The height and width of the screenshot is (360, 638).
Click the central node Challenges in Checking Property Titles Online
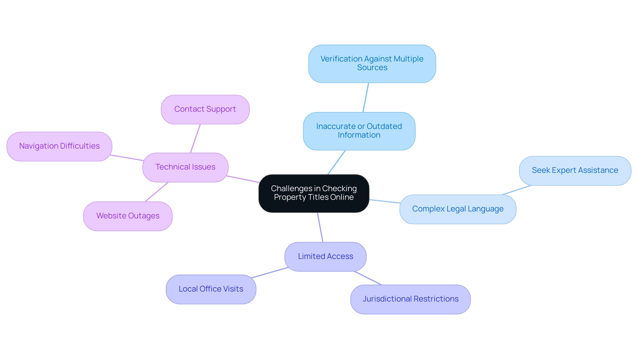tap(314, 193)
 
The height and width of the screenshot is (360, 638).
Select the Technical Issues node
tap(185, 167)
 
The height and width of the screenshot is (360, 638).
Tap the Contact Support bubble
tap(205, 109)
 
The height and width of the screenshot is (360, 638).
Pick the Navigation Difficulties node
tap(59, 146)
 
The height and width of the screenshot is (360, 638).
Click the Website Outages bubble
tap(128, 216)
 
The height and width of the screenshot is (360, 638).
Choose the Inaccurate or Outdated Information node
tap(359, 131)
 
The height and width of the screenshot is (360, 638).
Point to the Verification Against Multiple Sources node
tap(372, 63)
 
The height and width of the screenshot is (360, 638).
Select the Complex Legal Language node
tap(458, 209)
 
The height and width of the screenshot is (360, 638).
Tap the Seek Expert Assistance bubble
tap(575, 171)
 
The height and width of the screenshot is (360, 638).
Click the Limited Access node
tap(325, 257)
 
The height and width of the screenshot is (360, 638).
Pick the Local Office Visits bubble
tap(211, 289)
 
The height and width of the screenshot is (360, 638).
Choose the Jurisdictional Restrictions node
tap(410, 299)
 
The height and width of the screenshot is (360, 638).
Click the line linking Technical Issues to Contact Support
tap(195, 138)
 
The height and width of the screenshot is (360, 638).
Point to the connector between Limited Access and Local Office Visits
tap(270, 273)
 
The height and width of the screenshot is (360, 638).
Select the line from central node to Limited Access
tap(320, 227)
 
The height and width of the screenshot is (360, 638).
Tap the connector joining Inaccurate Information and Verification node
tap(366, 97)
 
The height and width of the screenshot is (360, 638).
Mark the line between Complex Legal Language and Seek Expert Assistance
tap(517, 190)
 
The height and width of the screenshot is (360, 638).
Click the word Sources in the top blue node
tap(372, 68)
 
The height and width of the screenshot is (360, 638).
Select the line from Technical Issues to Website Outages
tap(157, 192)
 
